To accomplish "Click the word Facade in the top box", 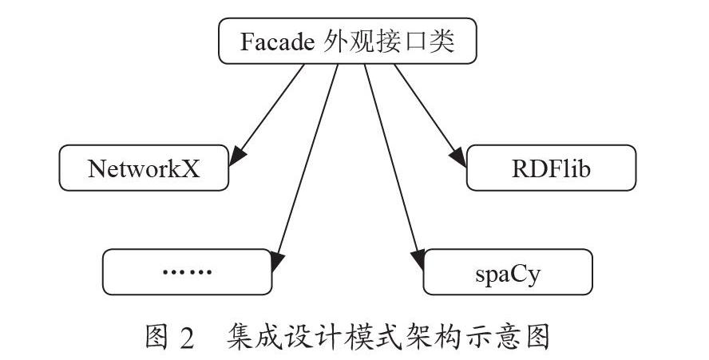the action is [x=277, y=42].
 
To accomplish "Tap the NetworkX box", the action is [x=144, y=168].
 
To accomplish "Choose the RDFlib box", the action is [x=551, y=168].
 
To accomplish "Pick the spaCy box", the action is [x=508, y=272].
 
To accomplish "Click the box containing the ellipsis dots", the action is [x=187, y=272].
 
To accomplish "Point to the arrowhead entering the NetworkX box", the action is [x=237, y=156].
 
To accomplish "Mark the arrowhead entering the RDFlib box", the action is [x=457, y=157].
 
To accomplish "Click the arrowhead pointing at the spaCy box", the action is [x=418, y=259].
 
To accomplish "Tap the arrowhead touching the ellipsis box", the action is [x=277, y=261].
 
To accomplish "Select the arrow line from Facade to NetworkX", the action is [x=267, y=115].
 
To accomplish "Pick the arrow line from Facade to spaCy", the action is [x=394, y=168].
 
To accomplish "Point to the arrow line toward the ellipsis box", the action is [x=305, y=168].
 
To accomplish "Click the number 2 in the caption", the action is [x=186, y=338].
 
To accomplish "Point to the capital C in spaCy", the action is [x=520, y=273].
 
